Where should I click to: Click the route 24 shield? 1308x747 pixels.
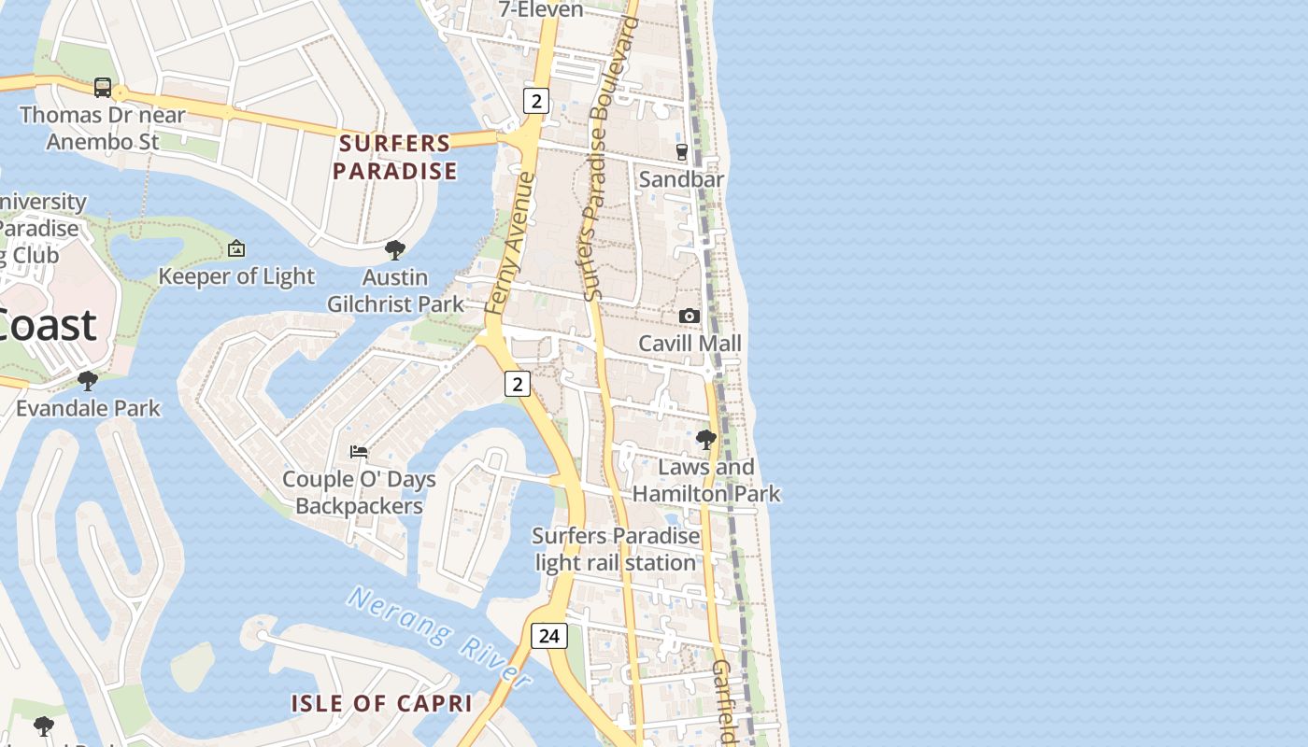coord(548,636)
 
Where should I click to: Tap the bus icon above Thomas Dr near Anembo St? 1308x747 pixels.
coord(103,88)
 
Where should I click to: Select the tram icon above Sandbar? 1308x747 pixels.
coord(682,151)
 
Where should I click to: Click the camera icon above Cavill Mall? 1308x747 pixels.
coord(690,317)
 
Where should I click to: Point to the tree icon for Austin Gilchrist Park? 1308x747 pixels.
coord(395,250)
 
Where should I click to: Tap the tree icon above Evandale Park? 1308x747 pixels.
coord(88,381)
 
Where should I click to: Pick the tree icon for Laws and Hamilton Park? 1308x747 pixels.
coord(706,439)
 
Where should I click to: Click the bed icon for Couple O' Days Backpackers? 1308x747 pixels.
coord(359,452)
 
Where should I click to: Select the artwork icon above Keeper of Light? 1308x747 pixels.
coord(236,248)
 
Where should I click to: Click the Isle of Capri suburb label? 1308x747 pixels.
coord(381,703)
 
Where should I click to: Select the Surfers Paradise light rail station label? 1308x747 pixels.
coord(616,549)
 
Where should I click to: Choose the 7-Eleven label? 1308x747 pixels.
coord(541,9)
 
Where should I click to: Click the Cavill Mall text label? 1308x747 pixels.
coord(690,344)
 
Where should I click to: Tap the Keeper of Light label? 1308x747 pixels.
coord(236,276)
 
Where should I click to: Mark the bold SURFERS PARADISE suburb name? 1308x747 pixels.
coord(395,157)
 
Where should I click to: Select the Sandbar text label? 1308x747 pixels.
coord(681,179)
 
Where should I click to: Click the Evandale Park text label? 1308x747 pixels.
coord(88,408)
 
